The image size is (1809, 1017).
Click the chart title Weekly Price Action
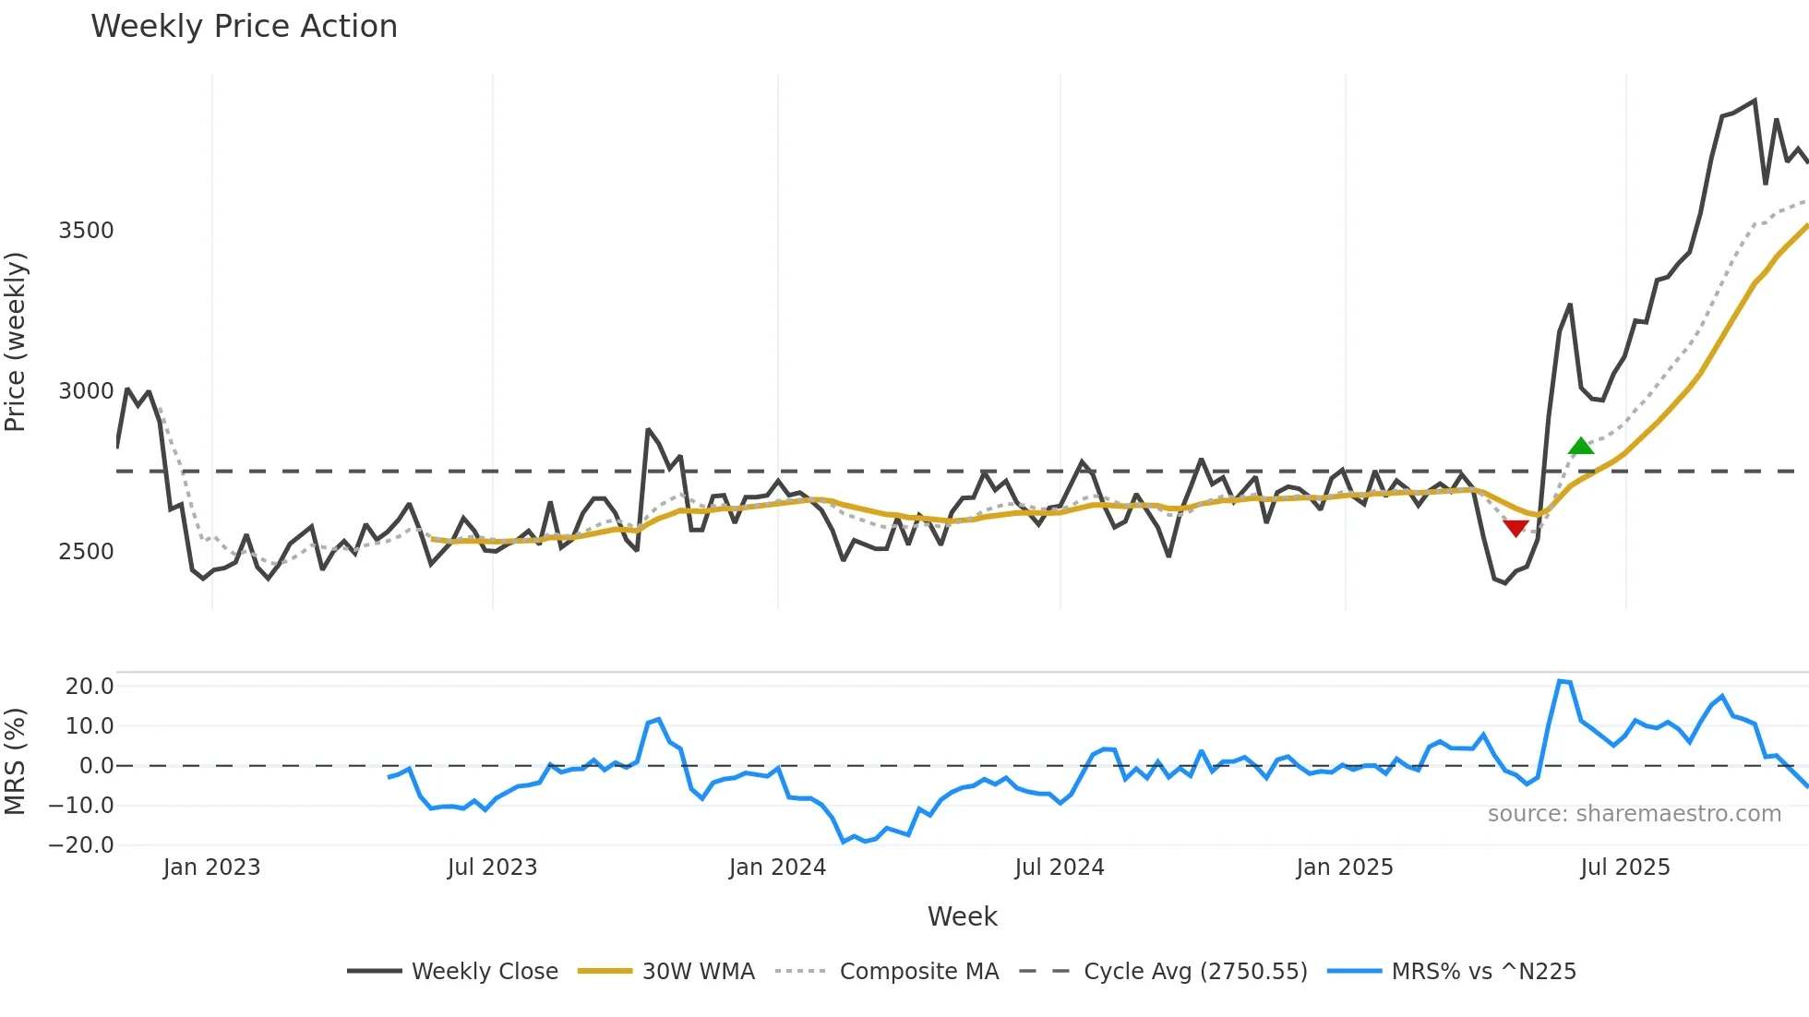[244, 27]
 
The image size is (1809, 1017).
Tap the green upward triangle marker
[1581, 447]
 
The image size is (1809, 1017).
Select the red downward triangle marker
[1515, 528]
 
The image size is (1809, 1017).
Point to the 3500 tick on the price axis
[86, 231]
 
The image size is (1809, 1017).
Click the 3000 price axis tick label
[86, 391]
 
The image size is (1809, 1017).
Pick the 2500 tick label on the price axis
[86, 552]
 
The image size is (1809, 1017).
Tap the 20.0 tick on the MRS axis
[90, 687]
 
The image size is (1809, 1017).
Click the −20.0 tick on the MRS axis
[82, 845]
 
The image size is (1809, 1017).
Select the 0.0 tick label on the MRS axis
[96, 766]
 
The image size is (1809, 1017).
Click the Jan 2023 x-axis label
[211, 867]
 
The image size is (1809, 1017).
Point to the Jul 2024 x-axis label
[1059, 867]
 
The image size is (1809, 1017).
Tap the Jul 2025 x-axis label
[1624, 867]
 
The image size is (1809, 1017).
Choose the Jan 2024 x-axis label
[777, 867]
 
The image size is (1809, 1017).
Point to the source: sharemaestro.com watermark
[1634, 814]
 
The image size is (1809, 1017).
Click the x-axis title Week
[962, 916]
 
